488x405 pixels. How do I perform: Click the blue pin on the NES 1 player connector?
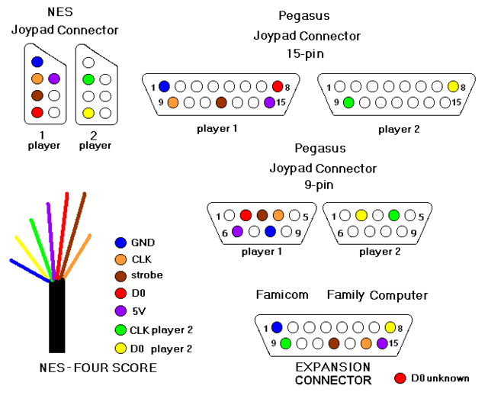click(x=37, y=62)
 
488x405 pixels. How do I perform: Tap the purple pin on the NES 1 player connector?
click(x=54, y=79)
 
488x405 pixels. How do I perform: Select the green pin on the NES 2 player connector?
click(x=88, y=79)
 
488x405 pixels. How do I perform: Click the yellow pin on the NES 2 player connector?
click(x=88, y=113)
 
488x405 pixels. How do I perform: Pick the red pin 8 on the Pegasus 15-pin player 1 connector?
click(x=278, y=86)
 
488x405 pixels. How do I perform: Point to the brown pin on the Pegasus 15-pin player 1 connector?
click(x=221, y=102)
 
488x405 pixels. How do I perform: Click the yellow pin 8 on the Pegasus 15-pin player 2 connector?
click(x=453, y=86)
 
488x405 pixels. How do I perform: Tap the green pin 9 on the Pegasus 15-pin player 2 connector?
click(x=348, y=102)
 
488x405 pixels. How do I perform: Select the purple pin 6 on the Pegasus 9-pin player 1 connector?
click(x=237, y=231)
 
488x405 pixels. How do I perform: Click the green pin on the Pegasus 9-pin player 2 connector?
click(x=394, y=215)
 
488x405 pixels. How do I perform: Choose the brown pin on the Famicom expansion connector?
click(x=334, y=343)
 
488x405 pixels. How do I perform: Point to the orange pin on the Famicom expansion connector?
click(x=366, y=343)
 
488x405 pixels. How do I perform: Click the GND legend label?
click(x=143, y=243)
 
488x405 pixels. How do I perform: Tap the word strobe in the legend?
click(x=147, y=275)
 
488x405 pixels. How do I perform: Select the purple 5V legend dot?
click(x=120, y=310)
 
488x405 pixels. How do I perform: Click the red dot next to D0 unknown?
click(x=400, y=378)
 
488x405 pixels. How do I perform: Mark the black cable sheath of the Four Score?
click(x=57, y=316)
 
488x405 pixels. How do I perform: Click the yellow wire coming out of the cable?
click(x=33, y=259)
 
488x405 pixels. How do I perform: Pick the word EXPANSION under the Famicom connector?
click(x=332, y=368)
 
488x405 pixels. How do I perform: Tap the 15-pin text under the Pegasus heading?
click(x=305, y=54)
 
